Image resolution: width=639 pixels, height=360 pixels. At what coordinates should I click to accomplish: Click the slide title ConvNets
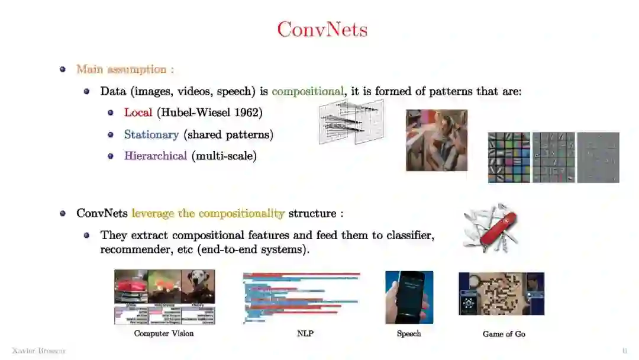coord(322,30)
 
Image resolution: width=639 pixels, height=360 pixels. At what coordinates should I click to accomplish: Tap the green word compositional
coord(307,91)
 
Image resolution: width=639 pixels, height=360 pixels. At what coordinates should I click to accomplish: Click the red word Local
coord(138,112)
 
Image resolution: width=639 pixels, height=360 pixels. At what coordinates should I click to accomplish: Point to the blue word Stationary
coord(151,134)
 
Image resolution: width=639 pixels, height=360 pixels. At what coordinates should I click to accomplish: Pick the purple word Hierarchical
coord(155,156)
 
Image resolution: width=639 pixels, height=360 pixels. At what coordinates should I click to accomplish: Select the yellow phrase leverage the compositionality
coord(208,213)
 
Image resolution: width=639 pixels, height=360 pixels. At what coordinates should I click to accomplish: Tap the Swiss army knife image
coord(490,228)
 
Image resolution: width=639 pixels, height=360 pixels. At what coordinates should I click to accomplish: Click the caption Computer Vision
coord(164,334)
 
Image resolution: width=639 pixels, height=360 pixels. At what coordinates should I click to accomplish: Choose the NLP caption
coord(305,334)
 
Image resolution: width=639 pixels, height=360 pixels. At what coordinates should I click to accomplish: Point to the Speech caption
coord(409,334)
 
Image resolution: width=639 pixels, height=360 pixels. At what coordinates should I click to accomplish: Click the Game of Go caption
coord(504,334)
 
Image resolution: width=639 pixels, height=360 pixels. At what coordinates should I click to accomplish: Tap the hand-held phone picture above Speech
coord(409,297)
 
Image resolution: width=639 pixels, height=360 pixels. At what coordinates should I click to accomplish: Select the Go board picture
coord(502,294)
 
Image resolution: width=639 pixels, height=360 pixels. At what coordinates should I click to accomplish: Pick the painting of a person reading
coord(436,140)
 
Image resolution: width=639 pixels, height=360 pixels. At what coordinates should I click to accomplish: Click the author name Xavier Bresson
coord(39,351)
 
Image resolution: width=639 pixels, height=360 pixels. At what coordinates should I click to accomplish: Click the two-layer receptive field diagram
coord(351,122)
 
